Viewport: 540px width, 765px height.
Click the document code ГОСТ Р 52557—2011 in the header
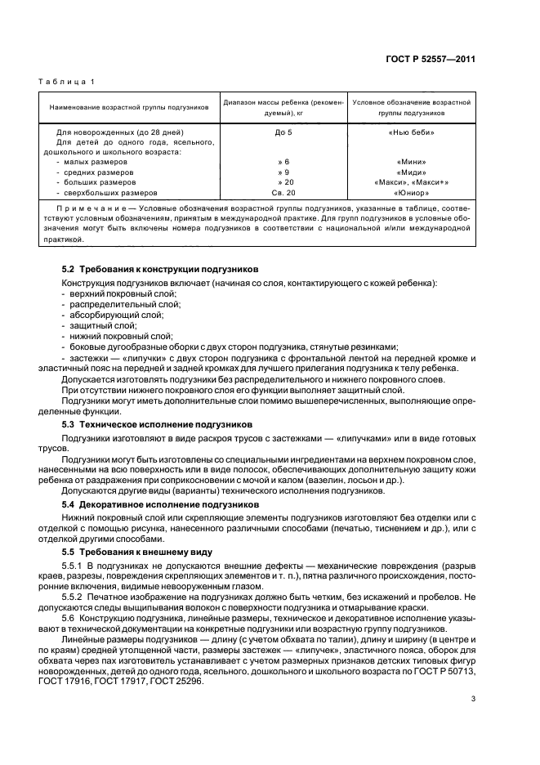coord(431,59)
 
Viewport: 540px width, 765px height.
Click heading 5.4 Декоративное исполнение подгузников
coord(160,504)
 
